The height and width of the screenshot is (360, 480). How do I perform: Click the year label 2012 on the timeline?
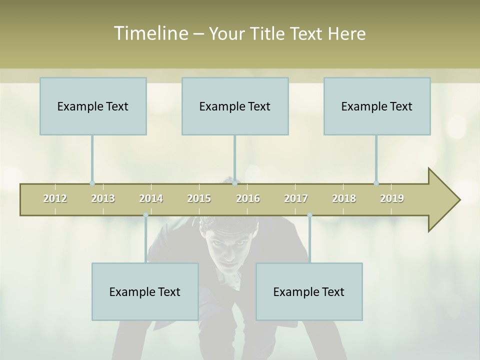tap(55, 199)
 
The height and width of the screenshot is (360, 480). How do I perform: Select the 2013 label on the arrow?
tap(103, 199)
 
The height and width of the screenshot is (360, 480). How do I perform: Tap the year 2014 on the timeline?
tap(151, 199)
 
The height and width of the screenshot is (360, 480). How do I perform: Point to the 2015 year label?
tap(199, 199)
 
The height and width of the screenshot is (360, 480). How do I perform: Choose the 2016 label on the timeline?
tap(248, 199)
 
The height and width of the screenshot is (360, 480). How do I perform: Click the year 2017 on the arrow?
tap(296, 199)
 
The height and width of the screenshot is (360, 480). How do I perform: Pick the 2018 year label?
tap(344, 199)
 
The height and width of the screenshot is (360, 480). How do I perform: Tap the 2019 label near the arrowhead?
tap(392, 199)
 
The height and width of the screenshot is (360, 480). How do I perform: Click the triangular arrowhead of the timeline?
tap(443, 200)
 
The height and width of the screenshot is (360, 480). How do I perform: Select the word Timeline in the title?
tap(150, 33)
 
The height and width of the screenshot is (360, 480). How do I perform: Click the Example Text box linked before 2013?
tap(93, 106)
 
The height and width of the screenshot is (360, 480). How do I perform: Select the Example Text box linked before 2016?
tap(235, 106)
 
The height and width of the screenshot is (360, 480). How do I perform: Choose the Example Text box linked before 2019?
tap(377, 106)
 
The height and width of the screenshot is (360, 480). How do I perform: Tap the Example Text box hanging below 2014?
tap(145, 291)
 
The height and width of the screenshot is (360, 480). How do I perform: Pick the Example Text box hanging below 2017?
tap(309, 291)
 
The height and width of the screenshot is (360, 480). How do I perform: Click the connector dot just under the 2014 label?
tap(145, 215)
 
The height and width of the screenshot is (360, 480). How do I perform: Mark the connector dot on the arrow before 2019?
tap(376, 183)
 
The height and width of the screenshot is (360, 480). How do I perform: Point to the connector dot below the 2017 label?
tap(309, 215)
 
